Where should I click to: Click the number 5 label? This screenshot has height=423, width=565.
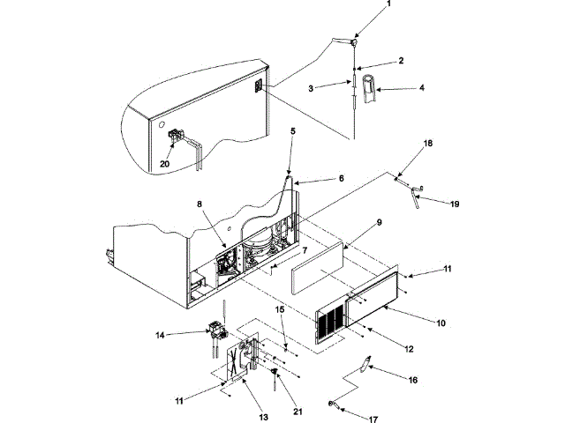tap(293, 131)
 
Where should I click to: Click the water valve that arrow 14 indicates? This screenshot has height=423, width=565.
tap(216, 335)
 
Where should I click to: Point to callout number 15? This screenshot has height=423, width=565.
tap(280, 309)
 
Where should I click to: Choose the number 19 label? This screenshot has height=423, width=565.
tap(454, 204)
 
